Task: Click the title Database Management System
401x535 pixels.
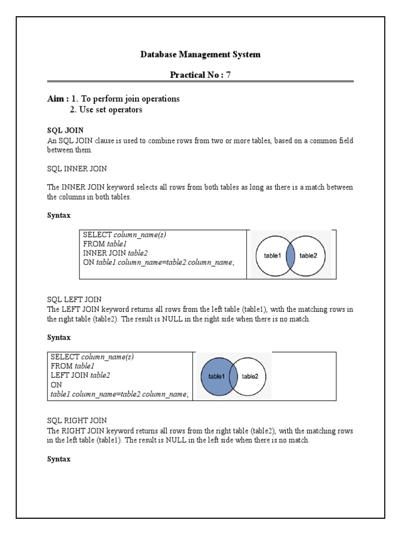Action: coord(200,54)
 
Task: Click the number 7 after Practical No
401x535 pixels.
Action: coord(228,75)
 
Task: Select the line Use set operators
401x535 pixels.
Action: coord(106,110)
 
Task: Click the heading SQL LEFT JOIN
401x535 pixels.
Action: coord(75,300)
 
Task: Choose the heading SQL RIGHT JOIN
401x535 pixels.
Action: coord(77,420)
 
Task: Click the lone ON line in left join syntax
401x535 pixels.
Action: coord(56,385)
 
